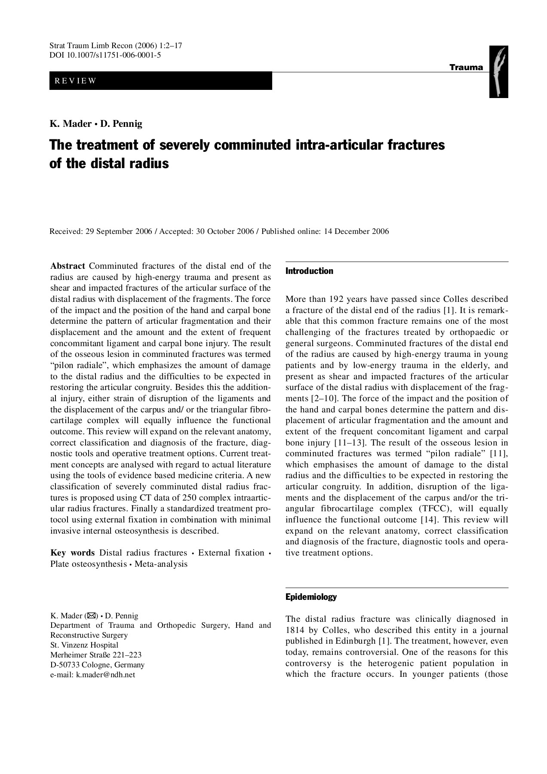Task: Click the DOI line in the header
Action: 105,55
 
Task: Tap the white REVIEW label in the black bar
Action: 75,81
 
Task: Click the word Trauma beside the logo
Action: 466,68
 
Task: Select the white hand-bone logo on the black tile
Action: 499,72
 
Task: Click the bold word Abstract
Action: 68,266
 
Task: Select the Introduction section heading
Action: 309,271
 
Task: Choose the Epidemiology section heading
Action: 311,597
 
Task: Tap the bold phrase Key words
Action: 72,553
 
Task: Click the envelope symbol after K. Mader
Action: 92,615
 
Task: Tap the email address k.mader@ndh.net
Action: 105,675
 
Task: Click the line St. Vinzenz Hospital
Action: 84,645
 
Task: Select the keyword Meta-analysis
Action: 161,564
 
